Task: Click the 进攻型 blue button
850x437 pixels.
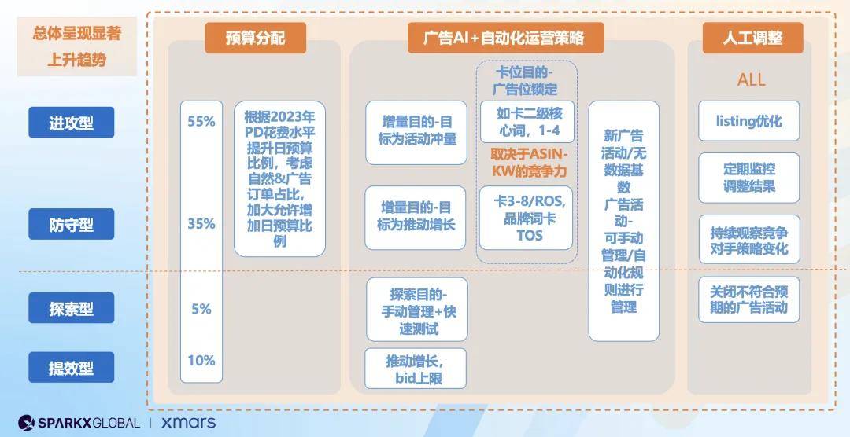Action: [71, 123]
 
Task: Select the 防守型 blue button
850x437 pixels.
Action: [71, 224]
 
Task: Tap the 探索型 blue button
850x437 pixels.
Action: [71, 307]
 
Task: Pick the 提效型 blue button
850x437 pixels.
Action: [71, 367]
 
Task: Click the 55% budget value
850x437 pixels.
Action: [201, 121]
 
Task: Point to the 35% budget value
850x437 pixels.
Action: [201, 224]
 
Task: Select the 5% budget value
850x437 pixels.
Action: [201, 309]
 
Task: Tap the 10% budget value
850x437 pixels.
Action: [201, 360]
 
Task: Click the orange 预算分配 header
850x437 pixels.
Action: [255, 38]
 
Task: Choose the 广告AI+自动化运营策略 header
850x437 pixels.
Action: [505, 38]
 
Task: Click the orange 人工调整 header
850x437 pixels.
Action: [752, 38]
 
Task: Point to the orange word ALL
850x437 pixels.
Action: [751, 80]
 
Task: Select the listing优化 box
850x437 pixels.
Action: [748, 121]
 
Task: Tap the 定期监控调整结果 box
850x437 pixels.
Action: [748, 178]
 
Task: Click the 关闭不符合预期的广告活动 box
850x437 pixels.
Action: [748, 299]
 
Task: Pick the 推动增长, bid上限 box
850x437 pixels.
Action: [416, 369]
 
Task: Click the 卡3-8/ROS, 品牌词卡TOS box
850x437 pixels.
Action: [526, 218]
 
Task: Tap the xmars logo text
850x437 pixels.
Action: [188, 422]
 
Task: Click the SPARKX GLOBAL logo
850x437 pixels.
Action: [79, 422]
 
